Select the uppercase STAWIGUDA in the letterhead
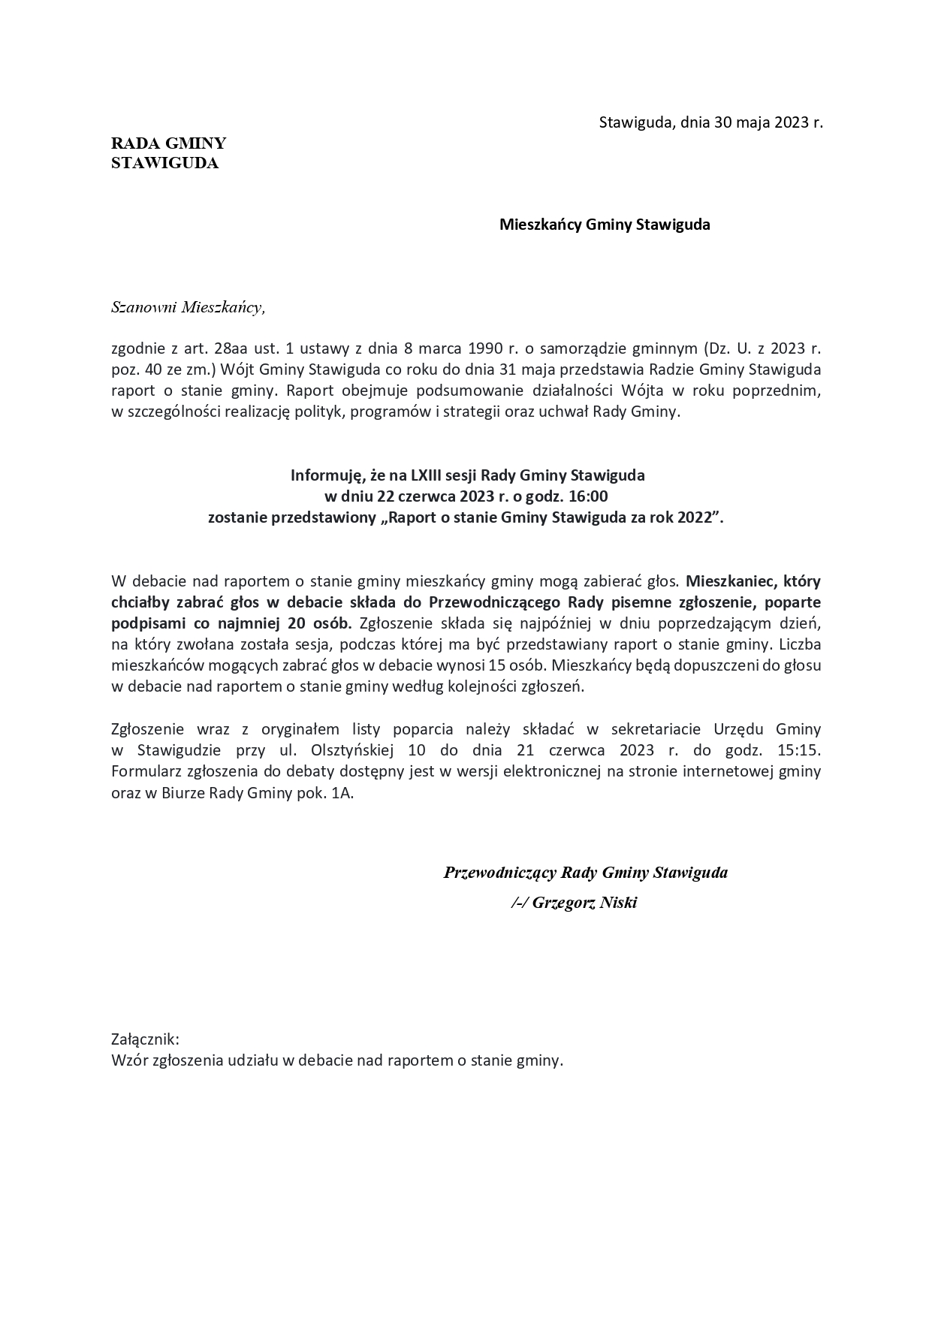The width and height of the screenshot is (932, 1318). click(164, 163)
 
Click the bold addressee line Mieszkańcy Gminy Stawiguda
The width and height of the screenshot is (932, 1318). click(605, 225)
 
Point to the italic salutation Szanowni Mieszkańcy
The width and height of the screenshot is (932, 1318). click(188, 307)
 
